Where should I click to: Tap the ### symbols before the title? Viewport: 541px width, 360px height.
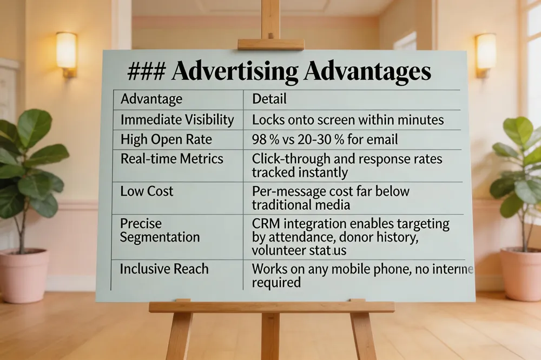coord(146,72)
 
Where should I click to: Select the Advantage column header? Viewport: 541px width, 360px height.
coord(151,99)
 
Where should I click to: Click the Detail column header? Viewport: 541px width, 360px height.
coord(269,99)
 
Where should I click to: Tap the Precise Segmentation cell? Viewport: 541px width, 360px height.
coord(160,230)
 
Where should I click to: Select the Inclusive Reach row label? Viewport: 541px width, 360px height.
coord(164,269)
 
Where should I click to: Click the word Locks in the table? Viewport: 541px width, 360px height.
coord(268,119)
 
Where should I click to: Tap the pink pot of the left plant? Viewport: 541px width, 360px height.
coord(24,276)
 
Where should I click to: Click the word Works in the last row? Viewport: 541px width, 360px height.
coord(270,269)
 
